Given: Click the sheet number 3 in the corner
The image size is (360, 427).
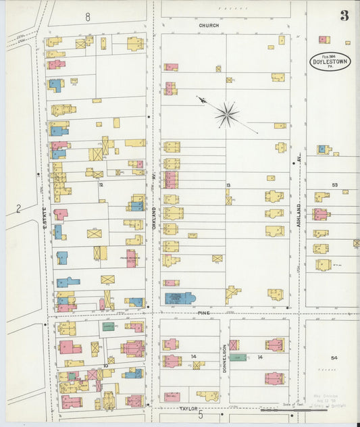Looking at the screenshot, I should (344, 16).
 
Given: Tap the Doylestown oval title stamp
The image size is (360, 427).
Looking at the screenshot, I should (331, 61).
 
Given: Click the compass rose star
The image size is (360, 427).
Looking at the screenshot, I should (227, 114).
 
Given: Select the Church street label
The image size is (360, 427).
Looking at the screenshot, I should (209, 25).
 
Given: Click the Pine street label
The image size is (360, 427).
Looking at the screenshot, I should (205, 313).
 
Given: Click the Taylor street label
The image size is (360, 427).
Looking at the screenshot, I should (188, 409).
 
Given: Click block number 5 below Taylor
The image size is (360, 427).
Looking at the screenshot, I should (200, 413).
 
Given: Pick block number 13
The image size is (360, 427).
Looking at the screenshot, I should (228, 184).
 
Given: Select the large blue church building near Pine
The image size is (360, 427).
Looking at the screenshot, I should (180, 298).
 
